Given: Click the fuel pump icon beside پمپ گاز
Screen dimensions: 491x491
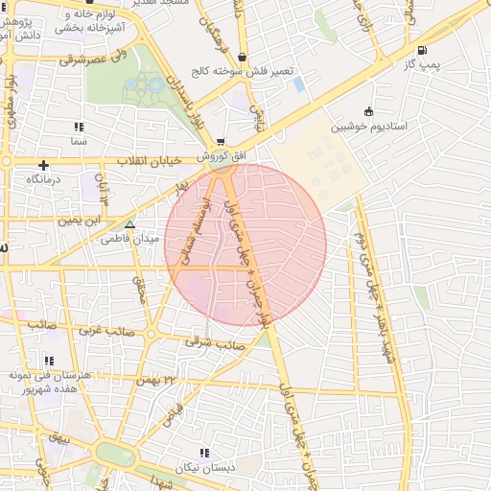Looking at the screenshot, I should tap(423, 51).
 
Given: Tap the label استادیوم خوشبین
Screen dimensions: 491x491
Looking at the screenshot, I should tap(369, 127).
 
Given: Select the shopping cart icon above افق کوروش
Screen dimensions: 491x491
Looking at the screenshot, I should tap(222, 142).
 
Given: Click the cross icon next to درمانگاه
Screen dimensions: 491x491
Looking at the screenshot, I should tap(43, 166).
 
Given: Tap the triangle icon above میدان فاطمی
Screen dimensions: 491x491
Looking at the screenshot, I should tap(130, 224).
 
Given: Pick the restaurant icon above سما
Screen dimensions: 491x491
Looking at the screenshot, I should tap(78, 127).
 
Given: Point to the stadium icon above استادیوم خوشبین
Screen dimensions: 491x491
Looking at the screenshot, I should tap(369, 111).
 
